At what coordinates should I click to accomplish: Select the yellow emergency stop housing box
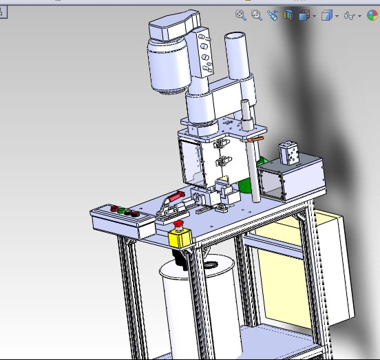(180, 239)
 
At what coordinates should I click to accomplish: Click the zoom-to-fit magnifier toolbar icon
(242, 15)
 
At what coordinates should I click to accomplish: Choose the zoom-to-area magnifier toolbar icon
(257, 15)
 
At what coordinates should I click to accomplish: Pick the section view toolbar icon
(288, 15)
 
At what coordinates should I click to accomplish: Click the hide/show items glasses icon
(350, 15)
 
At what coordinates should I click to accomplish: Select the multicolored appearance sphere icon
(372, 15)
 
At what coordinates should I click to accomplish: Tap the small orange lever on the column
(257, 140)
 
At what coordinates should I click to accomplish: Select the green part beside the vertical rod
(244, 186)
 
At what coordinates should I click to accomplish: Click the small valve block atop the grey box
(288, 153)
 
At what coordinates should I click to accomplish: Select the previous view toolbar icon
(273, 15)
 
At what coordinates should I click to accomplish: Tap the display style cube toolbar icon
(328, 15)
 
